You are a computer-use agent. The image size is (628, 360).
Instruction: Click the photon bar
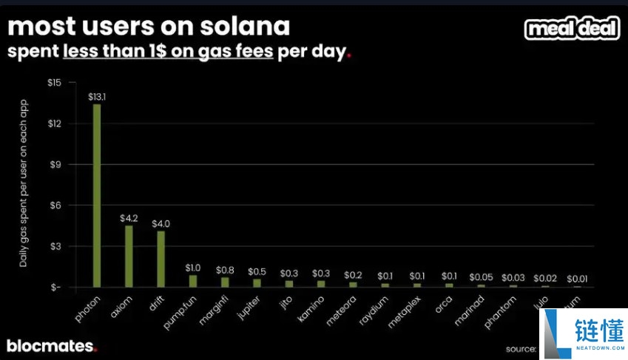97,195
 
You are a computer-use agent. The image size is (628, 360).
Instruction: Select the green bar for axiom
129,256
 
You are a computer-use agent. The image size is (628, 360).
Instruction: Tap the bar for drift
161,259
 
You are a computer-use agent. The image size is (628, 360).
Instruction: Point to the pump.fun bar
193,281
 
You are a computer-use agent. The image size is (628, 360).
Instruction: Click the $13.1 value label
97,97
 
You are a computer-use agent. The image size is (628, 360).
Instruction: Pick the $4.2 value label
129,219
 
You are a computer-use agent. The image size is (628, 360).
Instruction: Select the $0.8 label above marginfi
225,271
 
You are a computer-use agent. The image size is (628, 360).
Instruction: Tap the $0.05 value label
480,276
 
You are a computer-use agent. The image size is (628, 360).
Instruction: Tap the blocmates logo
51,345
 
